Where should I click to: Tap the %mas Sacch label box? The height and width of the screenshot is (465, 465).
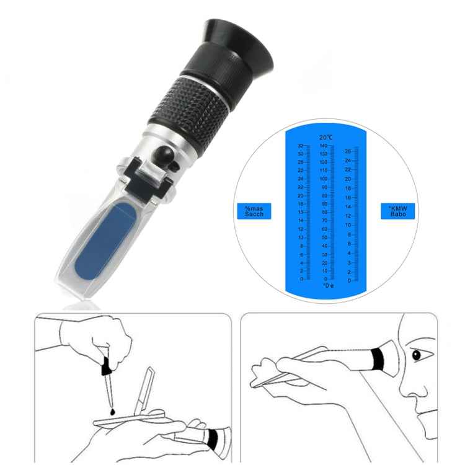(x=254, y=211)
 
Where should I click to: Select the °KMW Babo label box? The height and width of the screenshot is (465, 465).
(x=397, y=211)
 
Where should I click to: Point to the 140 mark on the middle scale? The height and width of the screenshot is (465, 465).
(x=323, y=145)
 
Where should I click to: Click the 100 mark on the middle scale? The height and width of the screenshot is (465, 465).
(x=324, y=179)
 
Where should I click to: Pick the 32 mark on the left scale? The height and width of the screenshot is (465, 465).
(x=301, y=145)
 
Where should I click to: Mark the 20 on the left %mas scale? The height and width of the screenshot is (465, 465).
(x=301, y=195)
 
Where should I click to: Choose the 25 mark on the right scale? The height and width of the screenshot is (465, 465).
(x=348, y=151)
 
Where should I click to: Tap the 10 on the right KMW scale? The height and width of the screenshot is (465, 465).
(x=348, y=225)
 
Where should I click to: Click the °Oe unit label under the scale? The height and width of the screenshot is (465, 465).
(x=327, y=285)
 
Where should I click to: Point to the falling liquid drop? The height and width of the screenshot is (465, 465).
(x=111, y=410)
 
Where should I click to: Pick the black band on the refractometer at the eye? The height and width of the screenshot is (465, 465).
(x=377, y=358)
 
